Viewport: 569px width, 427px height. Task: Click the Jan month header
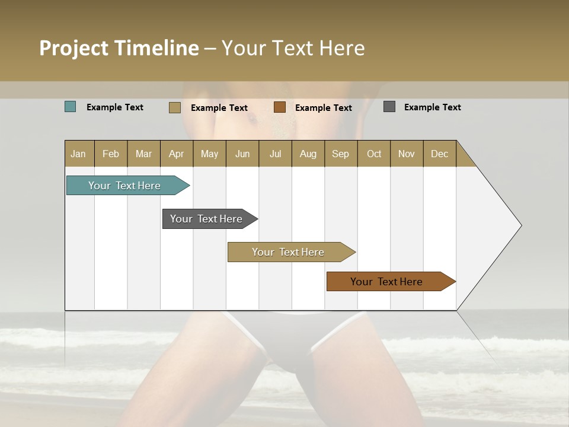click(79, 154)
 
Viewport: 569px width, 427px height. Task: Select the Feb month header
click(111, 154)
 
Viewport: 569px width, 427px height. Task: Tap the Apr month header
click(177, 154)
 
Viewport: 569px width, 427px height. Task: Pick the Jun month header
click(242, 154)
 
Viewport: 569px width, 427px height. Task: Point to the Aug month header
click(308, 154)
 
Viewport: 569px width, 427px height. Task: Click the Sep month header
click(341, 154)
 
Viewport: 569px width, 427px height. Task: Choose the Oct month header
click(374, 154)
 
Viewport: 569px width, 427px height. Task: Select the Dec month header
click(440, 154)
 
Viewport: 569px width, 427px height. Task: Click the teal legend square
click(71, 107)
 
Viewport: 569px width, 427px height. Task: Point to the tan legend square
click(175, 107)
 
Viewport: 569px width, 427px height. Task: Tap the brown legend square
click(280, 107)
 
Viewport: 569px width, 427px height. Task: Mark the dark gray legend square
click(389, 107)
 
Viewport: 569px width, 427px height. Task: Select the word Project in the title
click(73, 48)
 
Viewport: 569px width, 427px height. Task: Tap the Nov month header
click(407, 154)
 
